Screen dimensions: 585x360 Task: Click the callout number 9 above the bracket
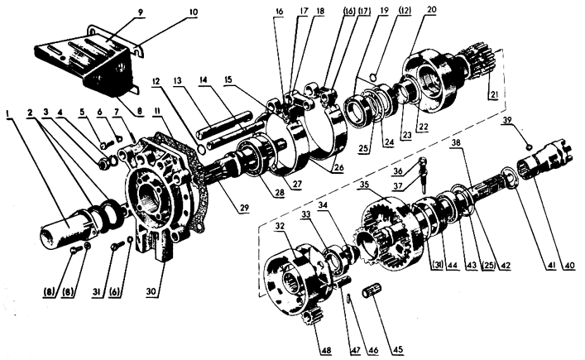coord(140,12)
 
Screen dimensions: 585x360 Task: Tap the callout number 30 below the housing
coord(151,292)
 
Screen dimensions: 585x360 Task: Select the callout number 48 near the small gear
coord(325,351)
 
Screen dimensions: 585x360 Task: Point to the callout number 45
coord(398,350)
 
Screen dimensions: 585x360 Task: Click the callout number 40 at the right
coord(569,266)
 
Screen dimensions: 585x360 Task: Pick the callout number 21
coord(494,95)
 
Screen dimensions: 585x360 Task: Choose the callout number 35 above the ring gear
coord(365,185)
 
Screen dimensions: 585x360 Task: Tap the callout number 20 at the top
coord(431,9)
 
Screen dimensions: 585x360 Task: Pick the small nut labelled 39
coord(529,148)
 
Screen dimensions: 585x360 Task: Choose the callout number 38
coord(455,142)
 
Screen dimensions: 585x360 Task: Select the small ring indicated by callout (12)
coord(374,77)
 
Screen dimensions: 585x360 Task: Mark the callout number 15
coord(228,79)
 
